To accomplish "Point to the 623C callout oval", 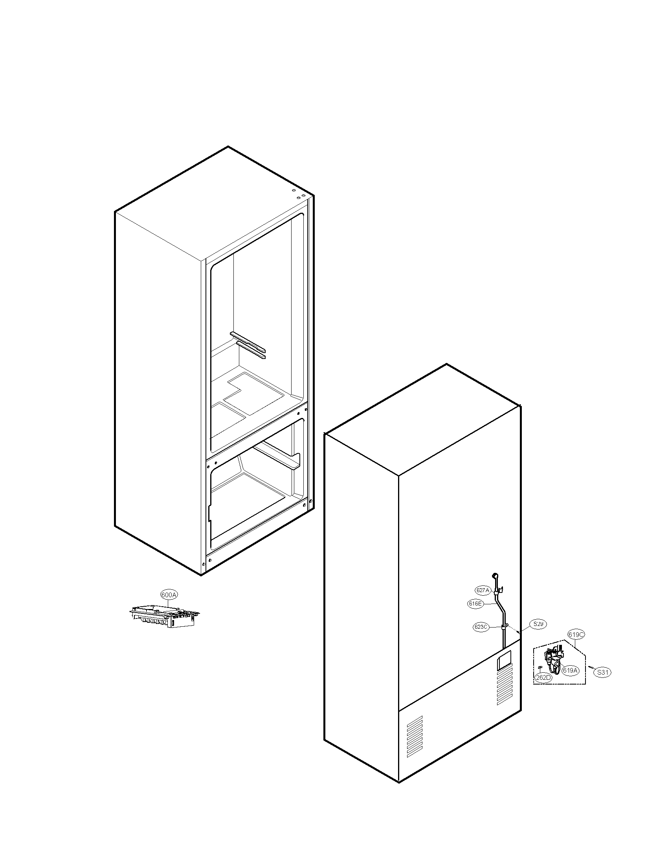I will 481,627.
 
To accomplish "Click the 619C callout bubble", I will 576,634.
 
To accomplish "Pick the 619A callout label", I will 570,670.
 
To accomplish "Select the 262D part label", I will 543,678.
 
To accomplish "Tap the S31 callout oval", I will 603,672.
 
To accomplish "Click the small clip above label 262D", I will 539,668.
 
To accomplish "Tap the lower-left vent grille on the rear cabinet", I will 415,736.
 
